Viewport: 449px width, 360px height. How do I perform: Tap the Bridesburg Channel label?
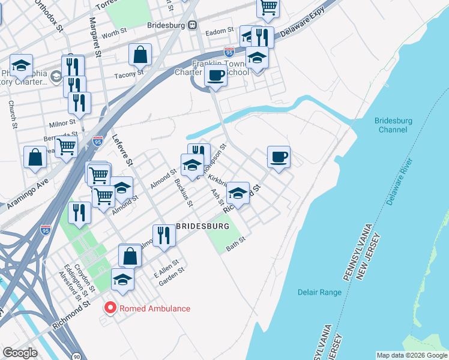coord(393,125)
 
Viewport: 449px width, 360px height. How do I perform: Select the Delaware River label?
coord(400,182)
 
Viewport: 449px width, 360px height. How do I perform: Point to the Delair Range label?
coord(319,292)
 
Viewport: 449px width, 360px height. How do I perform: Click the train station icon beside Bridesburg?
coord(193,25)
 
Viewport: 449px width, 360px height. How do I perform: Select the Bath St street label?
coord(236,244)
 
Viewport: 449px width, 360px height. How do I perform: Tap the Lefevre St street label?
coord(121,150)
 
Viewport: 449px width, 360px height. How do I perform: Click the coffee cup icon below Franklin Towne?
coord(215,76)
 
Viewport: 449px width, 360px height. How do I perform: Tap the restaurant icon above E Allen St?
coord(163,235)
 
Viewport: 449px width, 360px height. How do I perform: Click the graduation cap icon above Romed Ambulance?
coord(122,280)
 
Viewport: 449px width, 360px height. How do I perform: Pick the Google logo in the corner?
coord(20,353)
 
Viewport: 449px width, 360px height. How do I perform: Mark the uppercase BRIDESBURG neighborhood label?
coord(203,226)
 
